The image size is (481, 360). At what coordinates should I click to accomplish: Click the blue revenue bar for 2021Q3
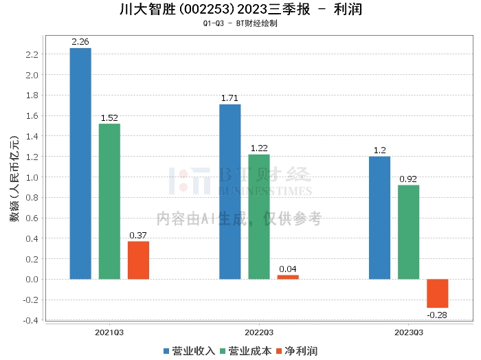[x=80, y=164]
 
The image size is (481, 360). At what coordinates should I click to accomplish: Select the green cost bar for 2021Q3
[x=109, y=201]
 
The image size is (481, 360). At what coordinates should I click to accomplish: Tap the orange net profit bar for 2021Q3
[x=138, y=260]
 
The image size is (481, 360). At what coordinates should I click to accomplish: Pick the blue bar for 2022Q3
[x=230, y=192]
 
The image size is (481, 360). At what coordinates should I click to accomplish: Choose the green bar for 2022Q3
[x=259, y=216]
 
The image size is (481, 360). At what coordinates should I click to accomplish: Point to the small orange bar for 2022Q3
[x=288, y=277]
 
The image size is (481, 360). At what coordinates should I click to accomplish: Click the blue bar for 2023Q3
[x=379, y=218]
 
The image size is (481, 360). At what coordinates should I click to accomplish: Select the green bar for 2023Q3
[x=408, y=232]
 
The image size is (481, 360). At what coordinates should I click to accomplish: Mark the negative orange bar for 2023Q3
[x=437, y=293]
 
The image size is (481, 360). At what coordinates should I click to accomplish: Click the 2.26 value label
[x=80, y=42]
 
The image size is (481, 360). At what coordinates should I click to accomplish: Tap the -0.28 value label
[x=437, y=315]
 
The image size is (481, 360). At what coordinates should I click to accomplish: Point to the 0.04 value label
[x=288, y=269]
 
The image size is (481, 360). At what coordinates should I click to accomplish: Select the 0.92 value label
[x=408, y=179]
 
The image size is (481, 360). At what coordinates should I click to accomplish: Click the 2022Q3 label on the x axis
[x=259, y=332]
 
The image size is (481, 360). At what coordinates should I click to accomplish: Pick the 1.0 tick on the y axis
[x=31, y=177]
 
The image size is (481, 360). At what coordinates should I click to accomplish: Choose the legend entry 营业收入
[x=189, y=351]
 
